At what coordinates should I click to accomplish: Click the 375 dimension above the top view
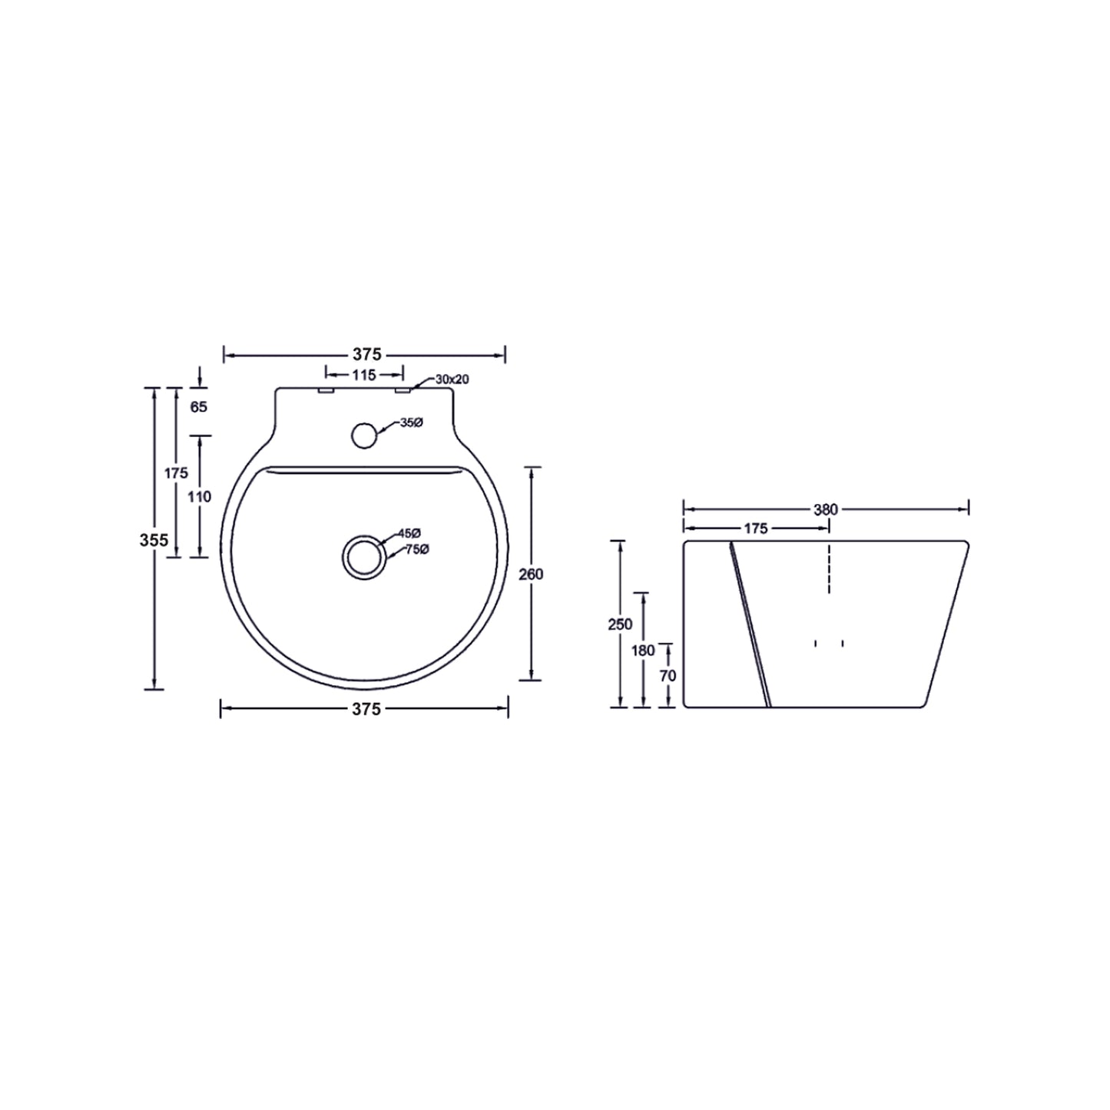pos(366,355)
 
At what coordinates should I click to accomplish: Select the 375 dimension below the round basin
pos(366,709)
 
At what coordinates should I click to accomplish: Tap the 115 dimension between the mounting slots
pos(364,375)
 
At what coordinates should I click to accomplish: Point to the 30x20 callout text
pos(452,379)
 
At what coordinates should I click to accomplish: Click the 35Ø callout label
pos(411,423)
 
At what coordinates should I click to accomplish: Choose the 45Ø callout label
pos(409,533)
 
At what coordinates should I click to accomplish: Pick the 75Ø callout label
pos(417,548)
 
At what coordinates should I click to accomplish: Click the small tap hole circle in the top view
pos(364,435)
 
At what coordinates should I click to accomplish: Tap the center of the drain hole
pos(364,556)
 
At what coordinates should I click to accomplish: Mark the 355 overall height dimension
pos(154,540)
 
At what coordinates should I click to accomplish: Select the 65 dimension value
pos(199,407)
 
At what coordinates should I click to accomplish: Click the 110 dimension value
pos(199,497)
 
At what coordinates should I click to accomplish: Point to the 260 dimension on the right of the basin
pos(531,574)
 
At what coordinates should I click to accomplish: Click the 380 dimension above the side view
pos(826,509)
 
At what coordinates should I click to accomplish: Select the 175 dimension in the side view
pos(756,528)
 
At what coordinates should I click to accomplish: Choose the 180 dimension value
pos(643,651)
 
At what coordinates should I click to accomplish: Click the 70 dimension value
pos(668,675)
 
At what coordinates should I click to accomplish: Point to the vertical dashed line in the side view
pos(829,568)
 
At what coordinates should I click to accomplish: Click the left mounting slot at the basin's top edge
pos(326,391)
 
